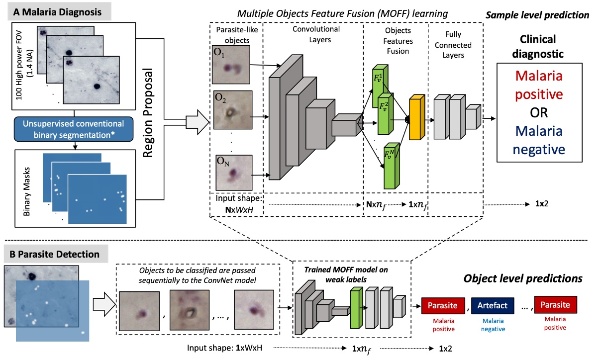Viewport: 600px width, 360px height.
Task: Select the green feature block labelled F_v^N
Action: (391, 165)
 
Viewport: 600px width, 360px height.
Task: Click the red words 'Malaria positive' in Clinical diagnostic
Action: (539, 85)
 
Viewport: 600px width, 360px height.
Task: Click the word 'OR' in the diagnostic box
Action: (539, 112)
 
